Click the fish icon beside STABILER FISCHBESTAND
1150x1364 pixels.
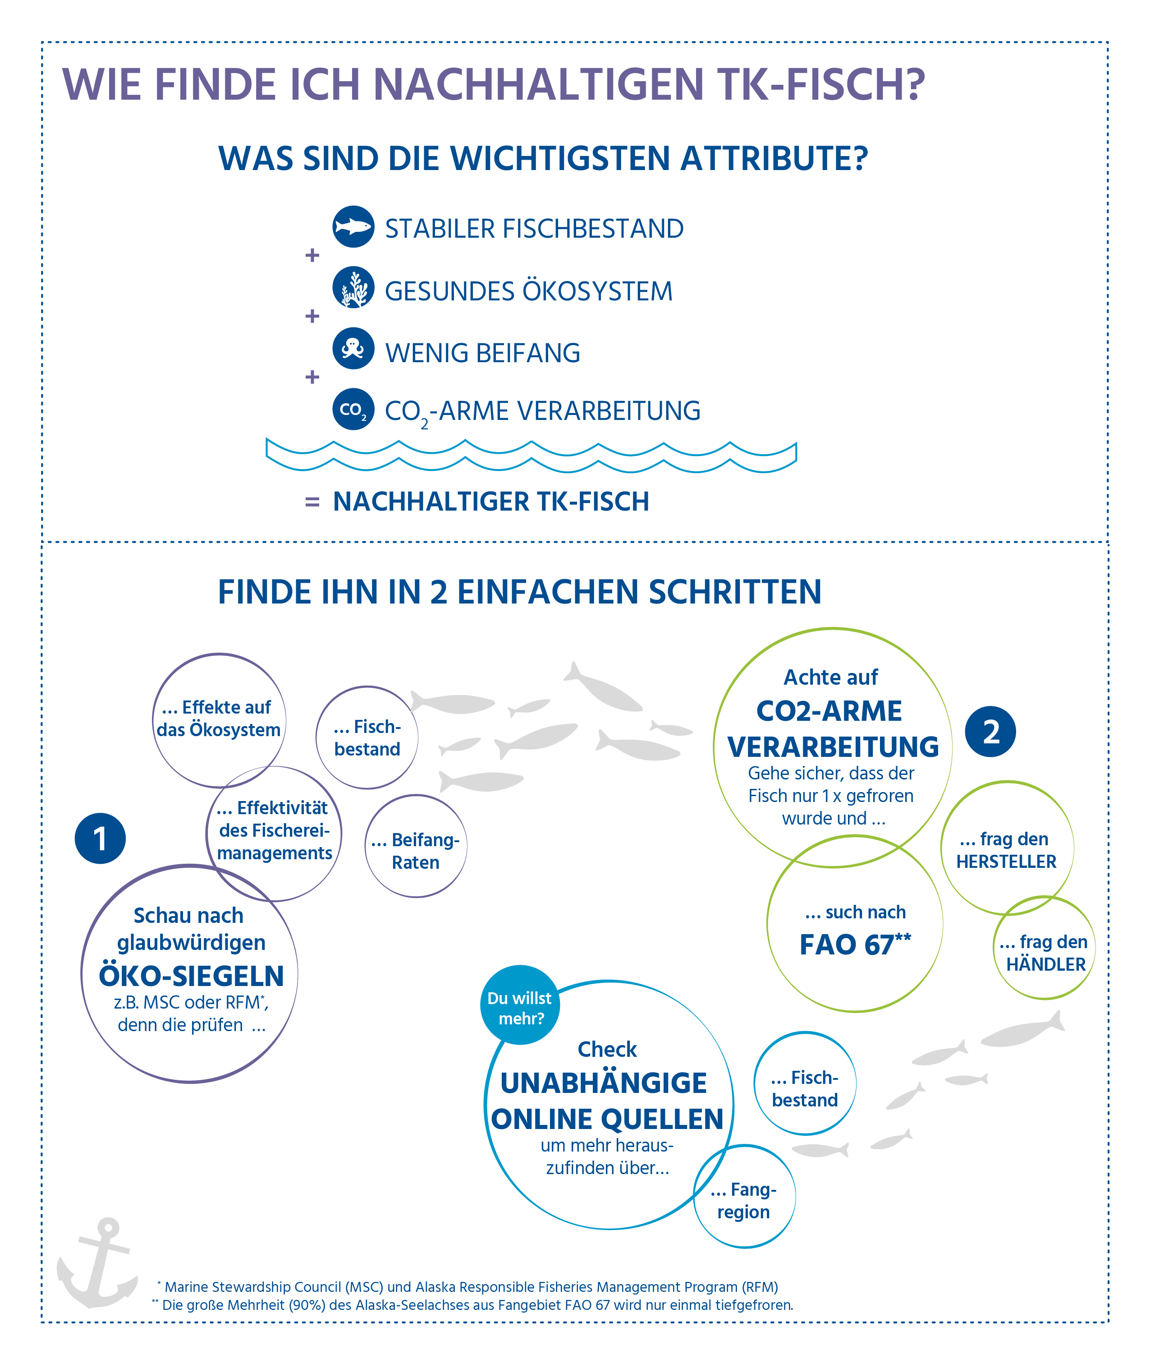353,227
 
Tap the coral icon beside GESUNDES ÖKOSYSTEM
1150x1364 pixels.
353,288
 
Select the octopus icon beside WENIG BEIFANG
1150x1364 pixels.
353,348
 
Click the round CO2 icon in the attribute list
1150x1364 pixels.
353,409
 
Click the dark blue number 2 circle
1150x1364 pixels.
990,731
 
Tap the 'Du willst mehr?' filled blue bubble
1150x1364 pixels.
520,1005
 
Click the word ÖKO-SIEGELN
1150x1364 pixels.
191,977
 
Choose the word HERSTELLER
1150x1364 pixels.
1006,862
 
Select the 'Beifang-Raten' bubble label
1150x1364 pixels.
415,851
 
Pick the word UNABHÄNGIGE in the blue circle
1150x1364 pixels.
604,1083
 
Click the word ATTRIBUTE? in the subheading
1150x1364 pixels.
774,158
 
